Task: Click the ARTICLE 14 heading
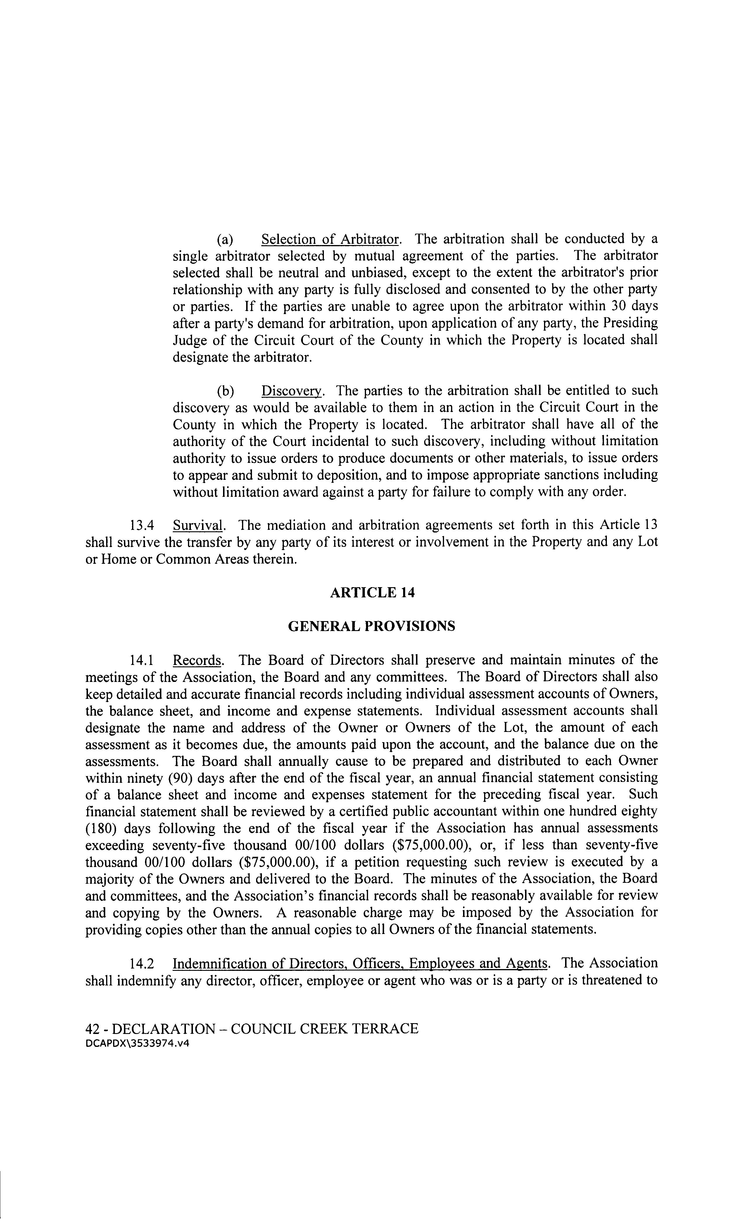(x=372, y=593)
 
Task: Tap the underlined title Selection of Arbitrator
(x=330, y=239)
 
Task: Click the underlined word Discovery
(x=291, y=391)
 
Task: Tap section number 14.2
(x=141, y=964)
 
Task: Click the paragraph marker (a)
(x=225, y=239)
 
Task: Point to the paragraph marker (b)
(x=225, y=391)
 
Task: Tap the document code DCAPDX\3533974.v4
(x=137, y=1043)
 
